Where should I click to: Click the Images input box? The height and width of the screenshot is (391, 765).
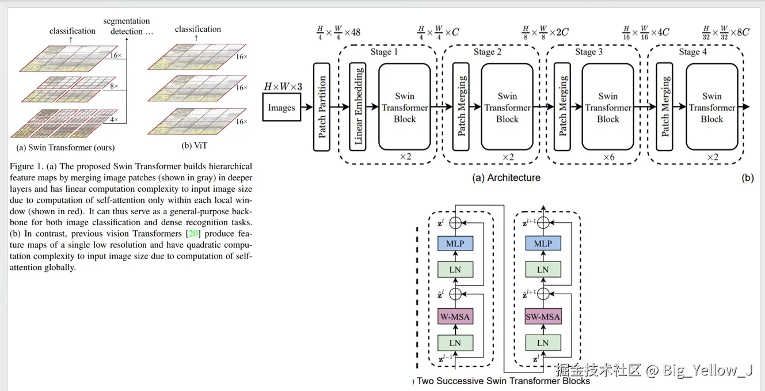click(x=281, y=108)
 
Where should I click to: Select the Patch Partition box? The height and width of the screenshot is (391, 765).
click(x=322, y=108)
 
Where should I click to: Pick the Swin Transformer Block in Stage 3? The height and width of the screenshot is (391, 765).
click(x=608, y=108)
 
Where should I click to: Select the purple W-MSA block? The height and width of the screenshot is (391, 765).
click(x=455, y=317)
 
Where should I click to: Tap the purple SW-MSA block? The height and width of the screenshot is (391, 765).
click(x=543, y=317)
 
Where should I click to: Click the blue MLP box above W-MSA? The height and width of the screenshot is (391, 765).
click(x=455, y=244)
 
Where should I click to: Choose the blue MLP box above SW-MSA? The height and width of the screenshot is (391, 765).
click(x=543, y=244)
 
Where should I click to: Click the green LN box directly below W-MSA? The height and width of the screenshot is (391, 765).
click(x=455, y=343)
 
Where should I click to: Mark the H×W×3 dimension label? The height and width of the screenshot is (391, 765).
click(x=283, y=87)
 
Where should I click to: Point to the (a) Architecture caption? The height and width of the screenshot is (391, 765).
click(x=506, y=178)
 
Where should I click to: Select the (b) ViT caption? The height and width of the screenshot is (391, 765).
click(x=195, y=146)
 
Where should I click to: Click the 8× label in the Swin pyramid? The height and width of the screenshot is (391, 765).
click(x=114, y=86)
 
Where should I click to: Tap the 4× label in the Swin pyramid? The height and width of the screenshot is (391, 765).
click(x=114, y=120)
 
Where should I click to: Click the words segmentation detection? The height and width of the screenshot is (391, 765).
click(x=128, y=26)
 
